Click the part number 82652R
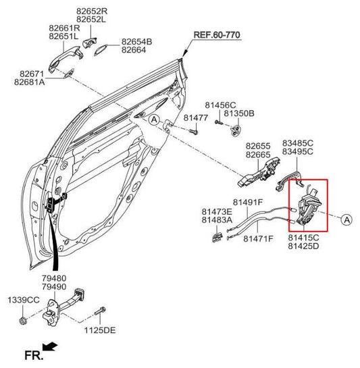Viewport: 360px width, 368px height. pos(92,11)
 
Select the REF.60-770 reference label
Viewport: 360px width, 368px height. pos(217,35)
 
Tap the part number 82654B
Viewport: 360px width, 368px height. pos(136,42)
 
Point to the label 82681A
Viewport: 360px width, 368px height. pos(29,82)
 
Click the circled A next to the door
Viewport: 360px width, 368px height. pos(154,120)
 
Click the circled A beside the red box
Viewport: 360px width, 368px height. pos(347,220)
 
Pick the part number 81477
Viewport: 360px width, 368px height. pos(196,117)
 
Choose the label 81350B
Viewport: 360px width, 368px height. pos(239,113)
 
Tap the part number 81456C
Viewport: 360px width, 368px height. pos(220,105)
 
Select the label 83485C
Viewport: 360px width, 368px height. pos(298,143)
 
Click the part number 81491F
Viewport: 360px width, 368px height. pos(248,202)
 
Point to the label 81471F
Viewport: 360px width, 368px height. pos(258,238)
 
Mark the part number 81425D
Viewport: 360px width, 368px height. pos(303,246)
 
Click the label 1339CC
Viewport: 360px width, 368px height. pos(24,300)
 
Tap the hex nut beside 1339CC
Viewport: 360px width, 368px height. pos(23,320)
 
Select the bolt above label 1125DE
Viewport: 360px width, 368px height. pos(100,311)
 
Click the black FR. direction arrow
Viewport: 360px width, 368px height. pos(50,346)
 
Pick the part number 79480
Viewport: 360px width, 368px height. pos(54,278)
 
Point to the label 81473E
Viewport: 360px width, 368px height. pos(217,212)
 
